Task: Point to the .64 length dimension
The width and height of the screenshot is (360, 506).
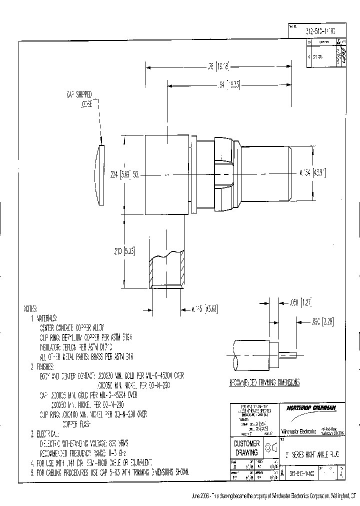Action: point(229,85)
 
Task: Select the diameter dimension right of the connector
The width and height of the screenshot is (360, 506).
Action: point(313,172)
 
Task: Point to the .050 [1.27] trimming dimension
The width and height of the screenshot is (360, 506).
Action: point(300,301)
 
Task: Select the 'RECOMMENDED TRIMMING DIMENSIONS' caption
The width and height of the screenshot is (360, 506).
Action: point(264,382)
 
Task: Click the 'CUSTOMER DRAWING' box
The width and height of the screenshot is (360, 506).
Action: point(247,447)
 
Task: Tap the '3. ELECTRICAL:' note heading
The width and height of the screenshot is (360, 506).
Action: point(46,433)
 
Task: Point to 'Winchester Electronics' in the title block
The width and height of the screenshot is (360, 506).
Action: point(295,431)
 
